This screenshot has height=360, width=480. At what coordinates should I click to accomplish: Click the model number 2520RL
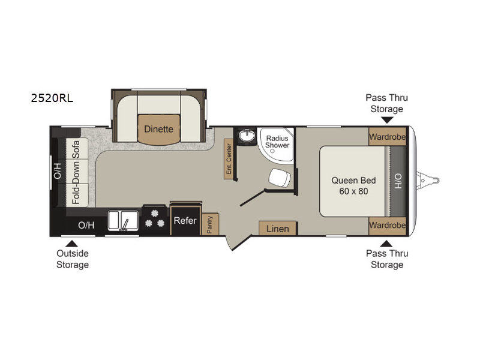point(52,98)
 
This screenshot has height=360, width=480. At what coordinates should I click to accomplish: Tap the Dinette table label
point(158,129)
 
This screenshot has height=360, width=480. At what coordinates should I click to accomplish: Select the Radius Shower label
point(277,142)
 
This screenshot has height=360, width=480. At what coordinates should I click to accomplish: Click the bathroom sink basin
point(247,136)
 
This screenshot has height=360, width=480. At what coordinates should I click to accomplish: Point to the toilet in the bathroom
point(280,178)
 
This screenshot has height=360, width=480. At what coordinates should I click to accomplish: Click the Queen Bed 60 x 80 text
point(353,185)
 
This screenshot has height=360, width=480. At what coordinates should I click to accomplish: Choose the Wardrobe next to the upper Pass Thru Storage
point(387,137)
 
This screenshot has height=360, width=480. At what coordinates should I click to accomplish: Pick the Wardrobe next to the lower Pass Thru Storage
point(387,226)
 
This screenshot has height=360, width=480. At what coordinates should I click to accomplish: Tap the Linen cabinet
point(278,229)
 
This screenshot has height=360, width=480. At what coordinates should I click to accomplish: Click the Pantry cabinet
point(210,224)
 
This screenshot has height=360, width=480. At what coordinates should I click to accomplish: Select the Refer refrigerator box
point(185,220)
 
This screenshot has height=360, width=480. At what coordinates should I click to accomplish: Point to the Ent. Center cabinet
point(229,159)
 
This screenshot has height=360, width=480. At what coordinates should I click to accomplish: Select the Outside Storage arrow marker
point(71,244)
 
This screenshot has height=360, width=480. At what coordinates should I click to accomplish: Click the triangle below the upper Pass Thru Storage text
point(387,120)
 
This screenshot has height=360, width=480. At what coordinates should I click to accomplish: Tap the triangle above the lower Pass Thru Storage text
point(386,244)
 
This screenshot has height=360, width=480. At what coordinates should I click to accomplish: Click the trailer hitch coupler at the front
point(428,181)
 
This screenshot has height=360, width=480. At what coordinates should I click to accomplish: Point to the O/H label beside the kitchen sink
point(86,226)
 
